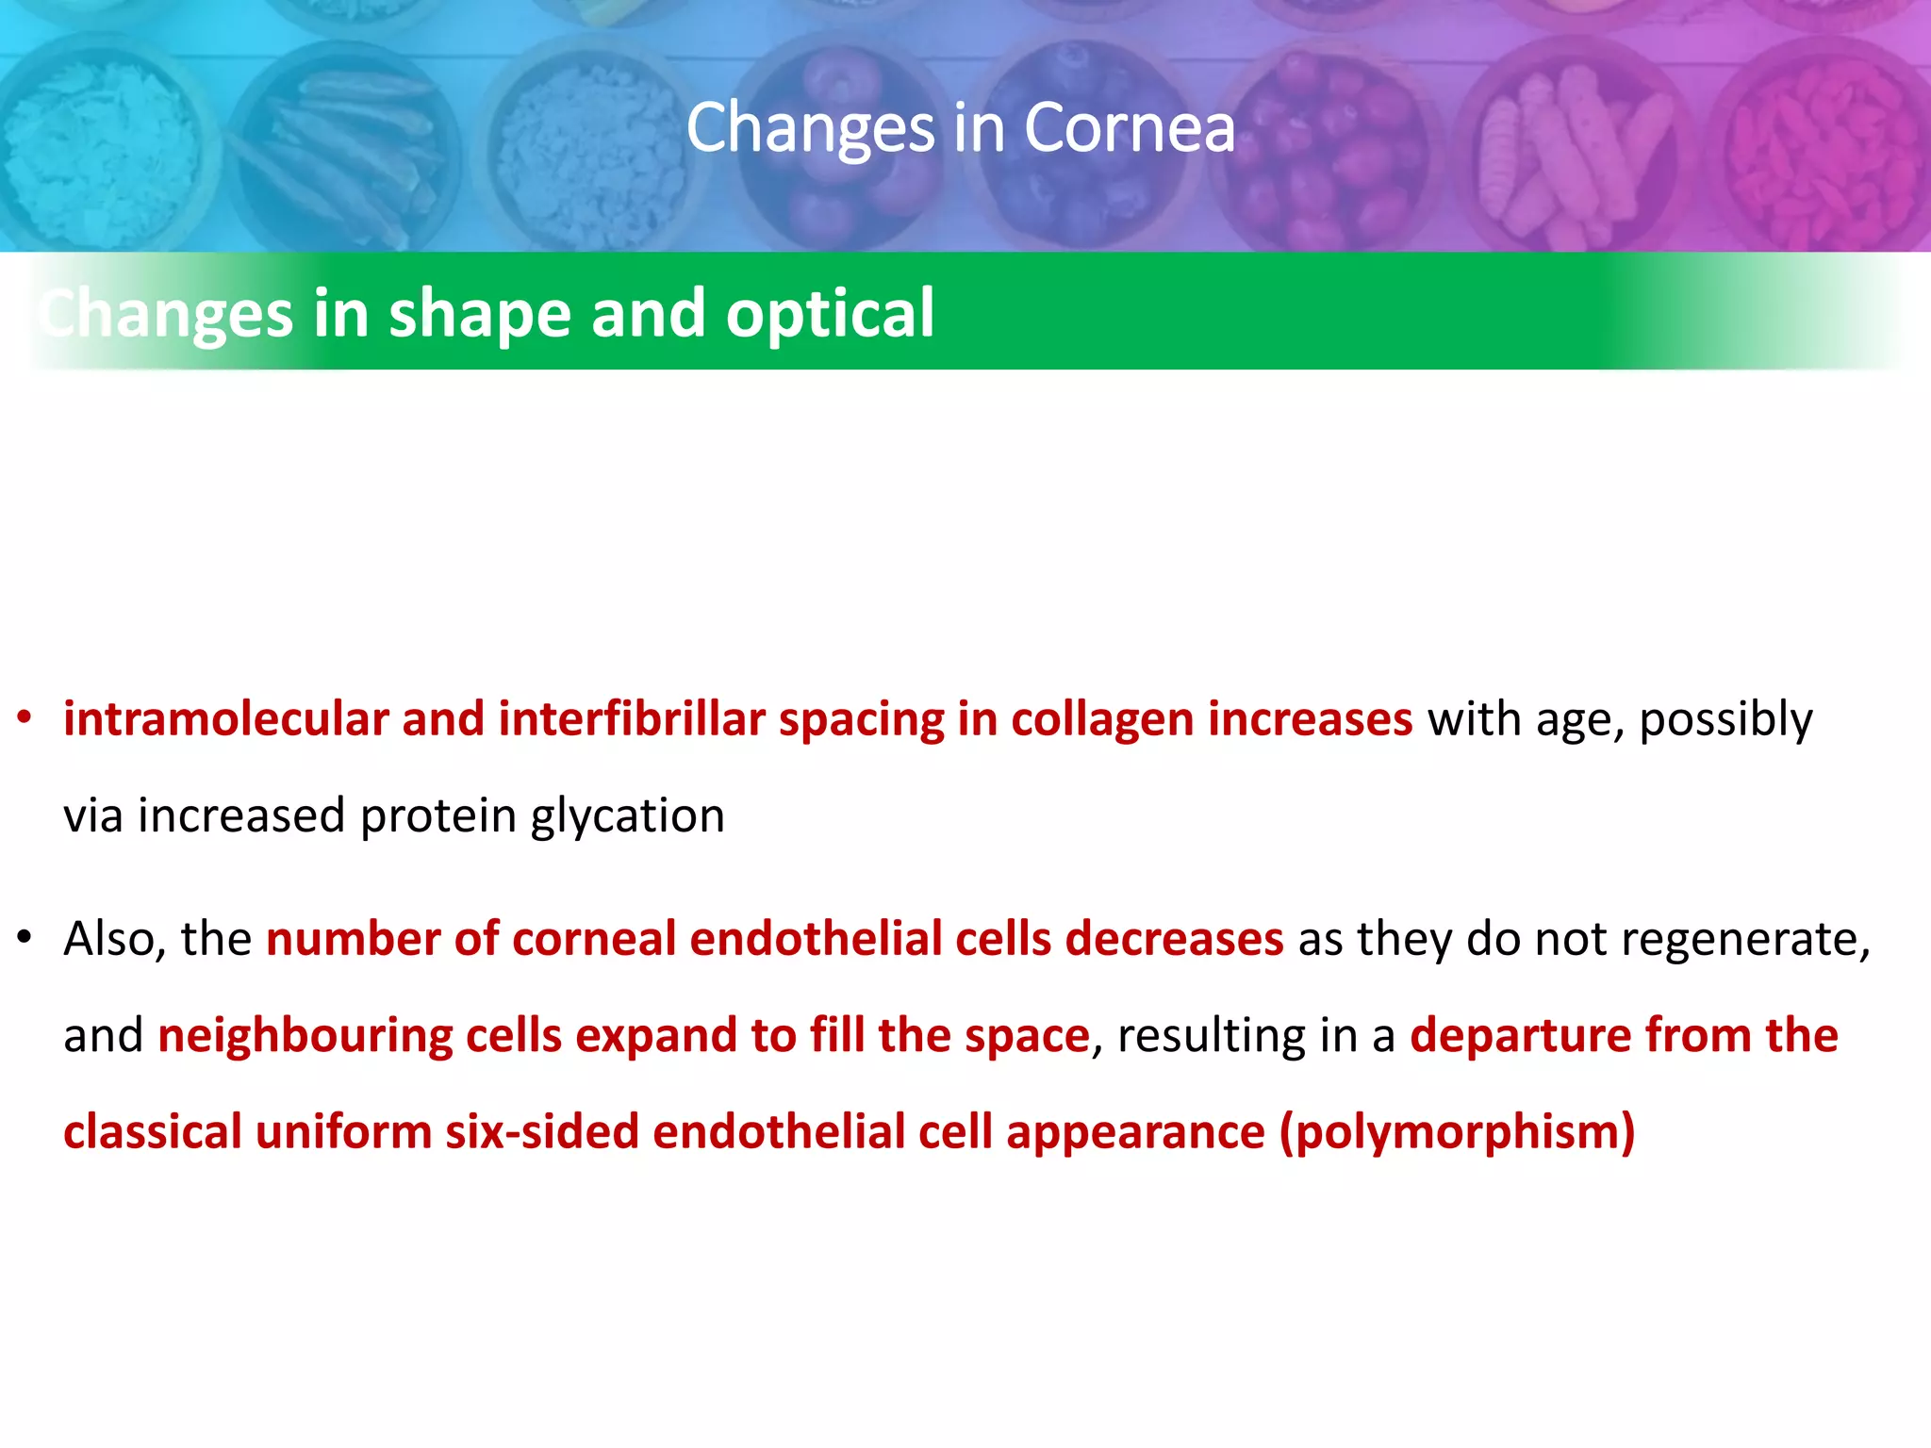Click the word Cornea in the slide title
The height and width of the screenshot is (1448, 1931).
tap(1129, 127)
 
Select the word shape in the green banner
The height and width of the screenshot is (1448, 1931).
tap(480, 313)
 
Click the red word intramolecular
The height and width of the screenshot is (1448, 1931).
tap(226, 719)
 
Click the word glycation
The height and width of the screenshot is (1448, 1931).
tap(627, 815)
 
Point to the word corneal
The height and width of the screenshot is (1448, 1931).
tap(594, 939)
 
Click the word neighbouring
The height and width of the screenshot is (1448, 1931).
tap(305, 1036)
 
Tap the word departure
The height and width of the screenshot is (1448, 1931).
tap(1520, 1036)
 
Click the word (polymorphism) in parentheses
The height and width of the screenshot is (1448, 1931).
tap(1457, 1132)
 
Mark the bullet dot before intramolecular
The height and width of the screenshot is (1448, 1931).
tap(25, 718)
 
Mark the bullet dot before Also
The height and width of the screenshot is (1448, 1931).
tap(25, 938)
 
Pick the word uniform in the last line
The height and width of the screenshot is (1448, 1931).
tap(343, 1132)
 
